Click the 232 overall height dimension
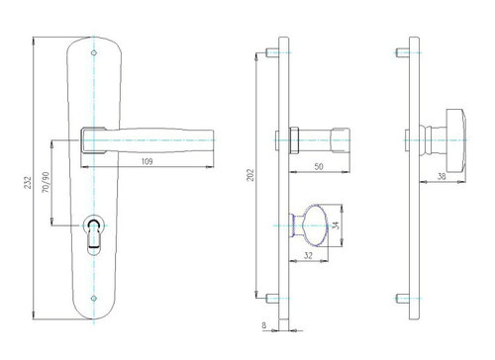(x=28, y=183)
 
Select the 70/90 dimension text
(x=47, y=182)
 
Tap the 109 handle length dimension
(x=147, y=161)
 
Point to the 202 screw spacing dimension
(x=250, y=175)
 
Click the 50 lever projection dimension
(x=319, y=167)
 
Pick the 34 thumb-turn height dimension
(x=336, y=225)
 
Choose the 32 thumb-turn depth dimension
(x=308, y=255)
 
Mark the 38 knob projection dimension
(x=442, y=176)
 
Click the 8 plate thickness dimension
(x=263, y=325)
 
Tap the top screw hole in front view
(x=94, y=52)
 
